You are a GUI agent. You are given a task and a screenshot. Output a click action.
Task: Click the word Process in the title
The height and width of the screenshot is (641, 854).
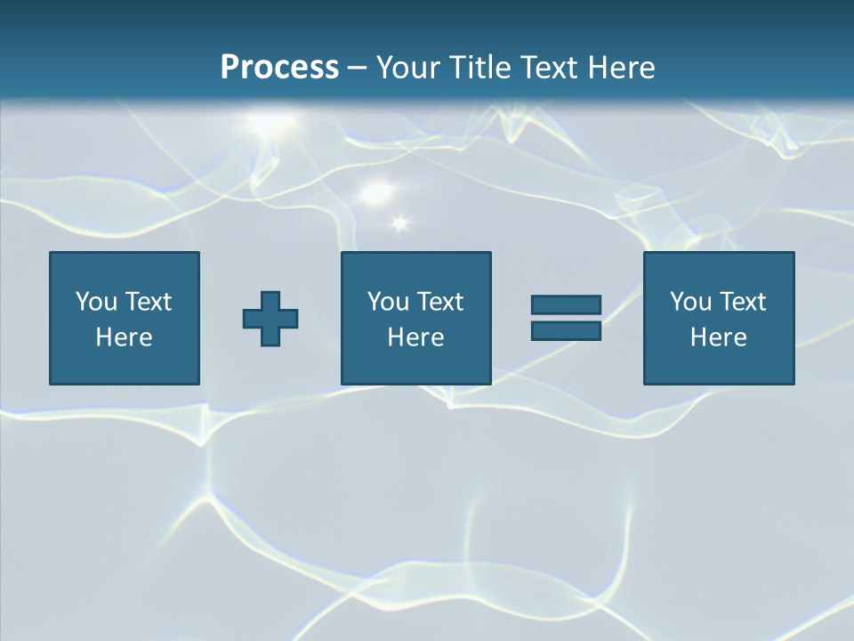279,68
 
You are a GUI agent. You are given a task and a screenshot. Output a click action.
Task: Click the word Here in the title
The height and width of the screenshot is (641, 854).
622,68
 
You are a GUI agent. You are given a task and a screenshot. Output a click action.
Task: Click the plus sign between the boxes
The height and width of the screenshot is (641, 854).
270,318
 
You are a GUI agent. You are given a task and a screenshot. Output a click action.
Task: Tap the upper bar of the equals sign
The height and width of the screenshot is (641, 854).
566,304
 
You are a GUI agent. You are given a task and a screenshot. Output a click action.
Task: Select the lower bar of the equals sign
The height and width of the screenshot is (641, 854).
566,330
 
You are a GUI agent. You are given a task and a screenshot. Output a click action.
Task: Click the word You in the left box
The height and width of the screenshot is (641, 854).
95,302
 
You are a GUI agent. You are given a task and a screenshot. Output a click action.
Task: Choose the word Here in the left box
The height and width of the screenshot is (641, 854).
124,337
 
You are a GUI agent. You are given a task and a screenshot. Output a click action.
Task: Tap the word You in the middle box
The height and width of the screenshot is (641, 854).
387,302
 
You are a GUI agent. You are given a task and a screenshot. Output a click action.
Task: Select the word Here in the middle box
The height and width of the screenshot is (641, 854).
415,337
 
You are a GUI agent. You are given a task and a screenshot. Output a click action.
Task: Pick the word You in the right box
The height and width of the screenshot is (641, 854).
689,302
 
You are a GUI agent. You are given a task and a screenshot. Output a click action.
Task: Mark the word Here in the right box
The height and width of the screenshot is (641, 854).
718,337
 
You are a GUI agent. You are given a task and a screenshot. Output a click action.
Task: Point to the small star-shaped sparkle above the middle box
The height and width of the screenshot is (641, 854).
399,223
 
